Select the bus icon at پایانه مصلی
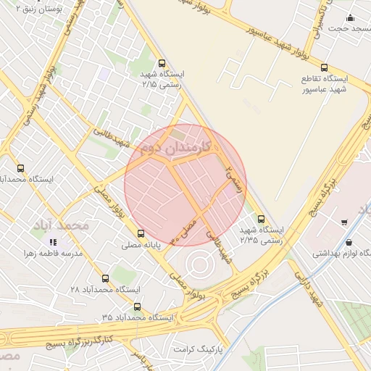[141, 233]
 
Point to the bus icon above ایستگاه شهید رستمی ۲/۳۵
[261, 219]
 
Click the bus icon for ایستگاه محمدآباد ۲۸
[106, 278]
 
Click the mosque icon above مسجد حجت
[351, 17]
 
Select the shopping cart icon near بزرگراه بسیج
[344, 221]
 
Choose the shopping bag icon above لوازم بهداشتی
[350, 243]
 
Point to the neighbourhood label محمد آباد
[61, 225]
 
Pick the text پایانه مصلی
[141, 246]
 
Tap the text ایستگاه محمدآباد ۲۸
[106, 289]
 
